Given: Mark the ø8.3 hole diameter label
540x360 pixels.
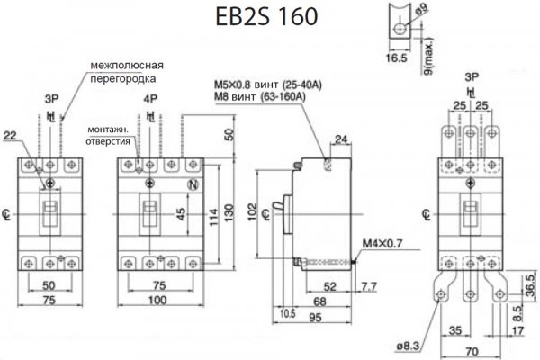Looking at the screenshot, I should tap(409, 346).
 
